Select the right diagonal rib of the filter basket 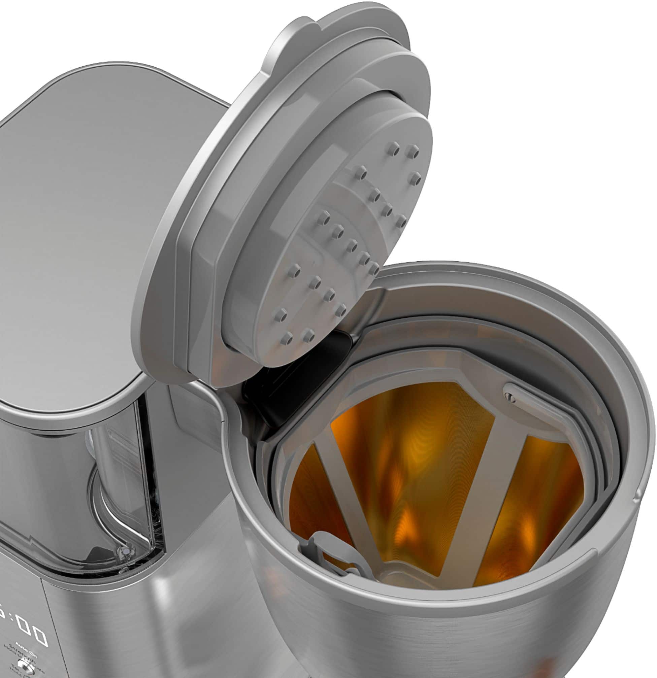(x=484, y=484)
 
